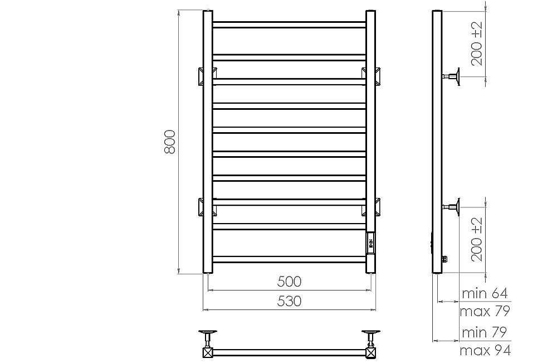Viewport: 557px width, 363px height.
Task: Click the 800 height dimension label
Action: pyautogui.click(x=170, y=142)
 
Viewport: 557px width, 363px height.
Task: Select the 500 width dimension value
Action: pyautogui.click(x=289, y=281)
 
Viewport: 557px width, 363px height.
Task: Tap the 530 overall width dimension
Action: pyautogui.click(x=289, y=301)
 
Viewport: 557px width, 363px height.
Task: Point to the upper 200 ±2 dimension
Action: pyautogui.click(x=477, y=45)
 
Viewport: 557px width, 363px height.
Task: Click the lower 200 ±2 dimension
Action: pyautogui.click(x=477, y=240)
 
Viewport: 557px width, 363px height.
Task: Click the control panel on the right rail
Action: pyautogui.click(x=372, y=242)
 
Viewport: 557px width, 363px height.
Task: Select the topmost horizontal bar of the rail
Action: pyautogui.click(x=289, y=24)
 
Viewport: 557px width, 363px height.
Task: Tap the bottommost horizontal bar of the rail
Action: pyautogui.click(x=289, y=259)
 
